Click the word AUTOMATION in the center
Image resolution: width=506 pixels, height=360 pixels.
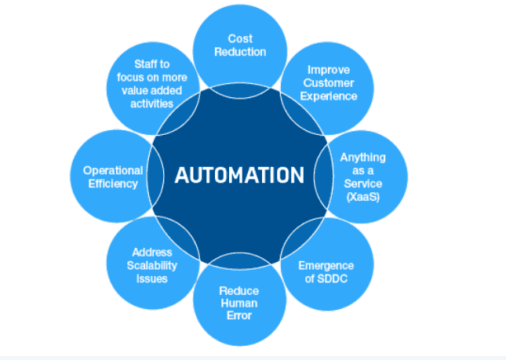click(238, 175)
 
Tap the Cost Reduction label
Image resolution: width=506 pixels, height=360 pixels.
click(240, 45)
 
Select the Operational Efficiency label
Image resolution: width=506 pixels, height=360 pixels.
click(113, 176)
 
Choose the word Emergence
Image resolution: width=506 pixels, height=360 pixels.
click(326, 266)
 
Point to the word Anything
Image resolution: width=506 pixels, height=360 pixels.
click(362, 158)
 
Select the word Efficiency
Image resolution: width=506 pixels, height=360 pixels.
click(113, 184)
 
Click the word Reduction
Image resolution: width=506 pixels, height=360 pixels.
click(240, 52)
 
